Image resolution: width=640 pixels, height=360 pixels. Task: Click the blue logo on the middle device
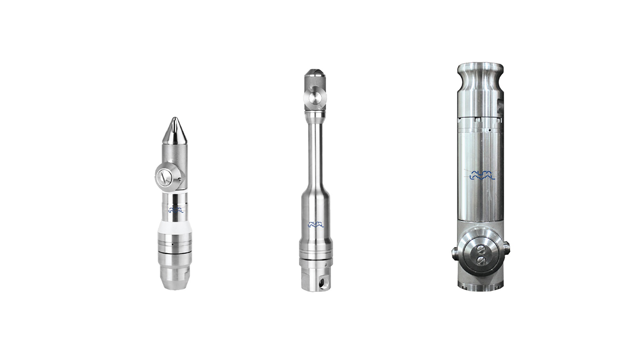coord(316,224)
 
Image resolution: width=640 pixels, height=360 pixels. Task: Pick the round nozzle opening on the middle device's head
coord(315,98)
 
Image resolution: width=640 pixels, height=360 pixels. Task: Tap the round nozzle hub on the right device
coord(481,252)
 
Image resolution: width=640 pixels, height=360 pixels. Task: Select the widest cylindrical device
coord(480,180)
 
